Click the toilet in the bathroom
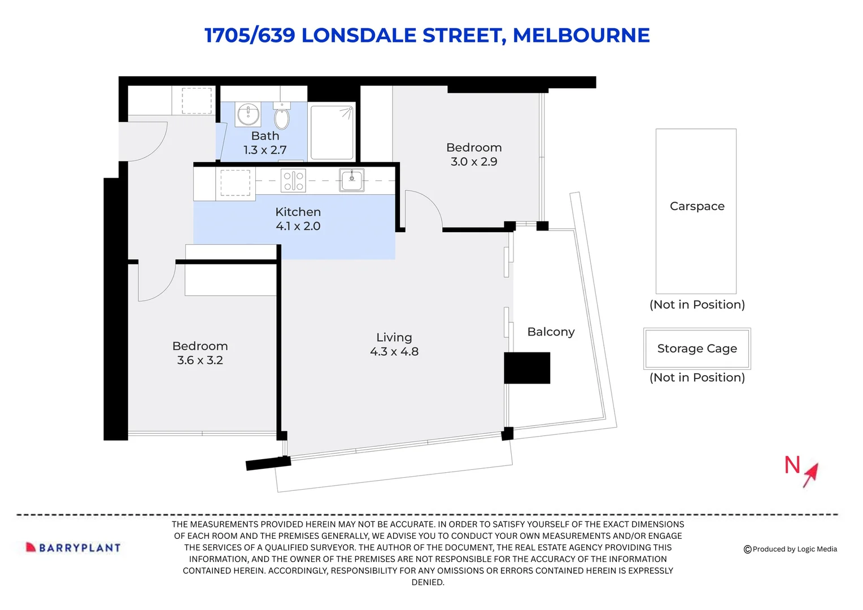[282, 118]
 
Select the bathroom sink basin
[248, 115]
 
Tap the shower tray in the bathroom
[332, 132]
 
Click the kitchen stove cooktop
[293, 180]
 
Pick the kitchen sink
[351, 180]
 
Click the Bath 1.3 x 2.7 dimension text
[265, 150]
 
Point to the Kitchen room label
[298, 212]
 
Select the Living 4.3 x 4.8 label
[394, 345]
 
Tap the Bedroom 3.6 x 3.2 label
[200, 353]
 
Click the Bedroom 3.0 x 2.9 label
[474, 155]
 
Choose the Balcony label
[551, 332]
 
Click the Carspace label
[697, 207]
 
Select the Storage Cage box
[697, 348]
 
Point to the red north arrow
[810, 474]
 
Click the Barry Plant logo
[73, 547]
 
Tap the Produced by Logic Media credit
[791, 549]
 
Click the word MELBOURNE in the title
[581, 36]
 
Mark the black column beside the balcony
[527, 368]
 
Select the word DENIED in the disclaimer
[428, 582]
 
